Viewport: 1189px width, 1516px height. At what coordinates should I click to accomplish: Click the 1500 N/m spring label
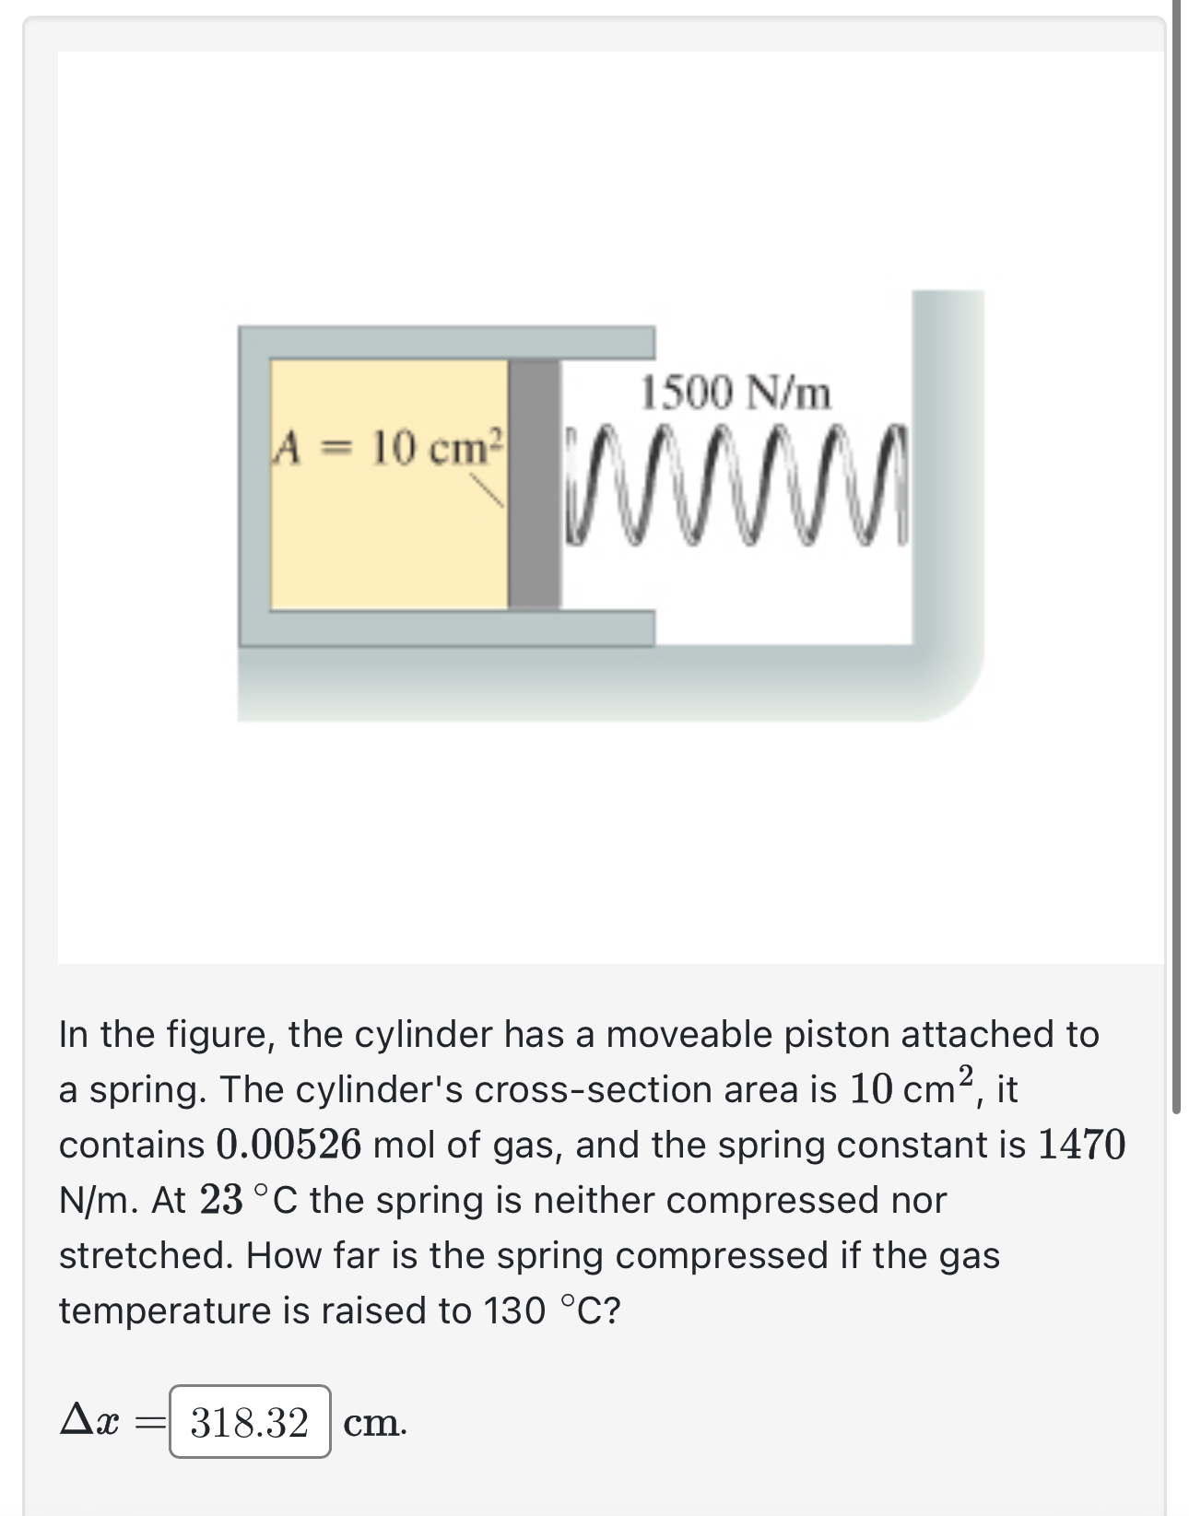click(x=736, y=394)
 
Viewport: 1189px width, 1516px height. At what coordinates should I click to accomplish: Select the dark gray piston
click(x=535, y=484)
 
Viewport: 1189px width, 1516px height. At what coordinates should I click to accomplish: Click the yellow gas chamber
click(x=387, y=544)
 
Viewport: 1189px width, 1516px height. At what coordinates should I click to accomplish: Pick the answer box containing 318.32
click(x=250, y=1422)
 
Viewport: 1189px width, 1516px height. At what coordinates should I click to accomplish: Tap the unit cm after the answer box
click(x=372, y=1424)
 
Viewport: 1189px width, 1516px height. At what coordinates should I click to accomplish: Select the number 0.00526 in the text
click(x=288, y=1146)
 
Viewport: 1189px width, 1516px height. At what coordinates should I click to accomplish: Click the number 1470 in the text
click(x=1081, y=1146)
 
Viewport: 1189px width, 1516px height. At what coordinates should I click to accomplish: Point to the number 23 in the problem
click(x=221, y=1201)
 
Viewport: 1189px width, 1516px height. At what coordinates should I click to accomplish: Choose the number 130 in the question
click(x=514, y=1311)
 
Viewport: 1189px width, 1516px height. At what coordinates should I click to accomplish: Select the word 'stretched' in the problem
click(x=144, y=1256)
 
